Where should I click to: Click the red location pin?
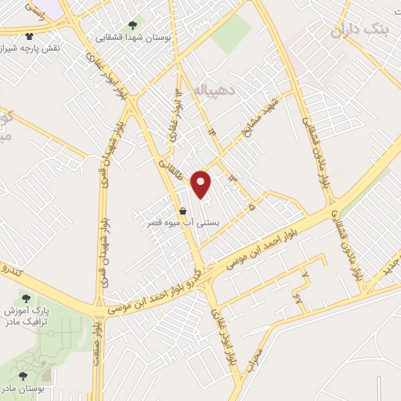click(x=202, y=183)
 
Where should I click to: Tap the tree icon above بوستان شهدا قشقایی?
click(x=141, y=25)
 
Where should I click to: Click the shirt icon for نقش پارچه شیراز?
click(x=30, y=35)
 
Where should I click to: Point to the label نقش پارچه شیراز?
click(x=34, y=47)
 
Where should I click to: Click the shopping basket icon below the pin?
click(x=182, y=211)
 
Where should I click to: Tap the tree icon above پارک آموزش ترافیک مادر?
click(x=26, y=298)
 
